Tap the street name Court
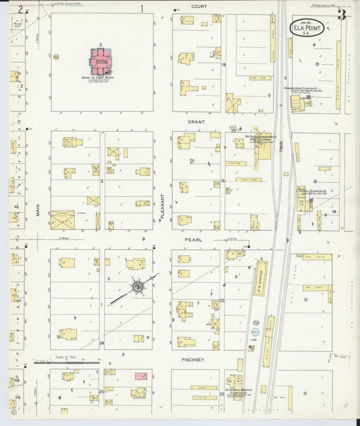(198, 5)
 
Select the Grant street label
(196, 122)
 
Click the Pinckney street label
(192, 360)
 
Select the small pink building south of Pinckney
(142, 375)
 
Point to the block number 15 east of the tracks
(305, 298)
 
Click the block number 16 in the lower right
(305, 392)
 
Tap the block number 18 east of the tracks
(315, 182)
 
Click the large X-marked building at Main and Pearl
(63, 219)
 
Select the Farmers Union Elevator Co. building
(298, 103)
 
